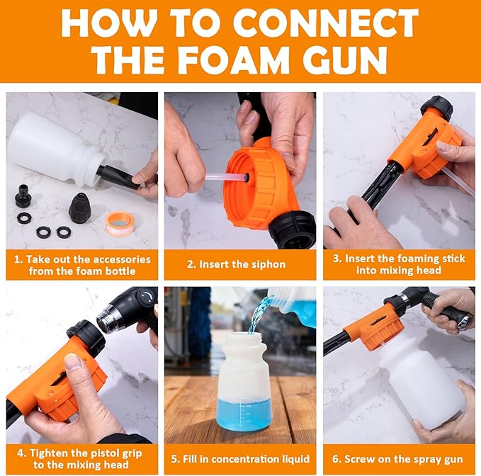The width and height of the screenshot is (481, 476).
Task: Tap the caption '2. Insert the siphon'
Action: [241, 264]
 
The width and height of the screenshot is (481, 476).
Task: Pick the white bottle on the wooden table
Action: [242, 382]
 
